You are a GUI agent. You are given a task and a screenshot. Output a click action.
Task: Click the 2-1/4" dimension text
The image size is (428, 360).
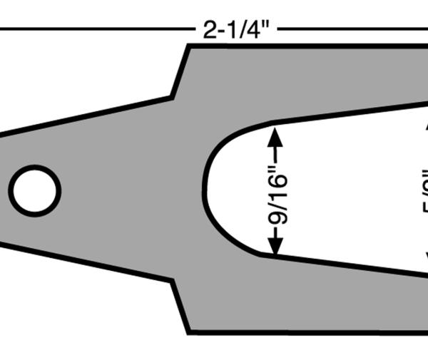[x=235, y=30]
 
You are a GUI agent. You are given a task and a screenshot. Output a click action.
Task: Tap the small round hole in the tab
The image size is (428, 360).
[x=34, y=190]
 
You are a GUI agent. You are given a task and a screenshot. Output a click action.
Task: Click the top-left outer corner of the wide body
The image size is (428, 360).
[x=188, y=46]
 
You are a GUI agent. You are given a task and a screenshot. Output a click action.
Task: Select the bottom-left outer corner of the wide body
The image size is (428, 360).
[x=189, y=332]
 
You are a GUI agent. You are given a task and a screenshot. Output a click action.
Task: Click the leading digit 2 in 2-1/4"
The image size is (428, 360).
[x=208, y=30]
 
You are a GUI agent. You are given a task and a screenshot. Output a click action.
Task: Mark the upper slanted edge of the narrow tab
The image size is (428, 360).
[x=86, y=115]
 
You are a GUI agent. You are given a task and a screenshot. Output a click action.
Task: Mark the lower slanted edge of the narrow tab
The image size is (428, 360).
[x=86, y=262]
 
